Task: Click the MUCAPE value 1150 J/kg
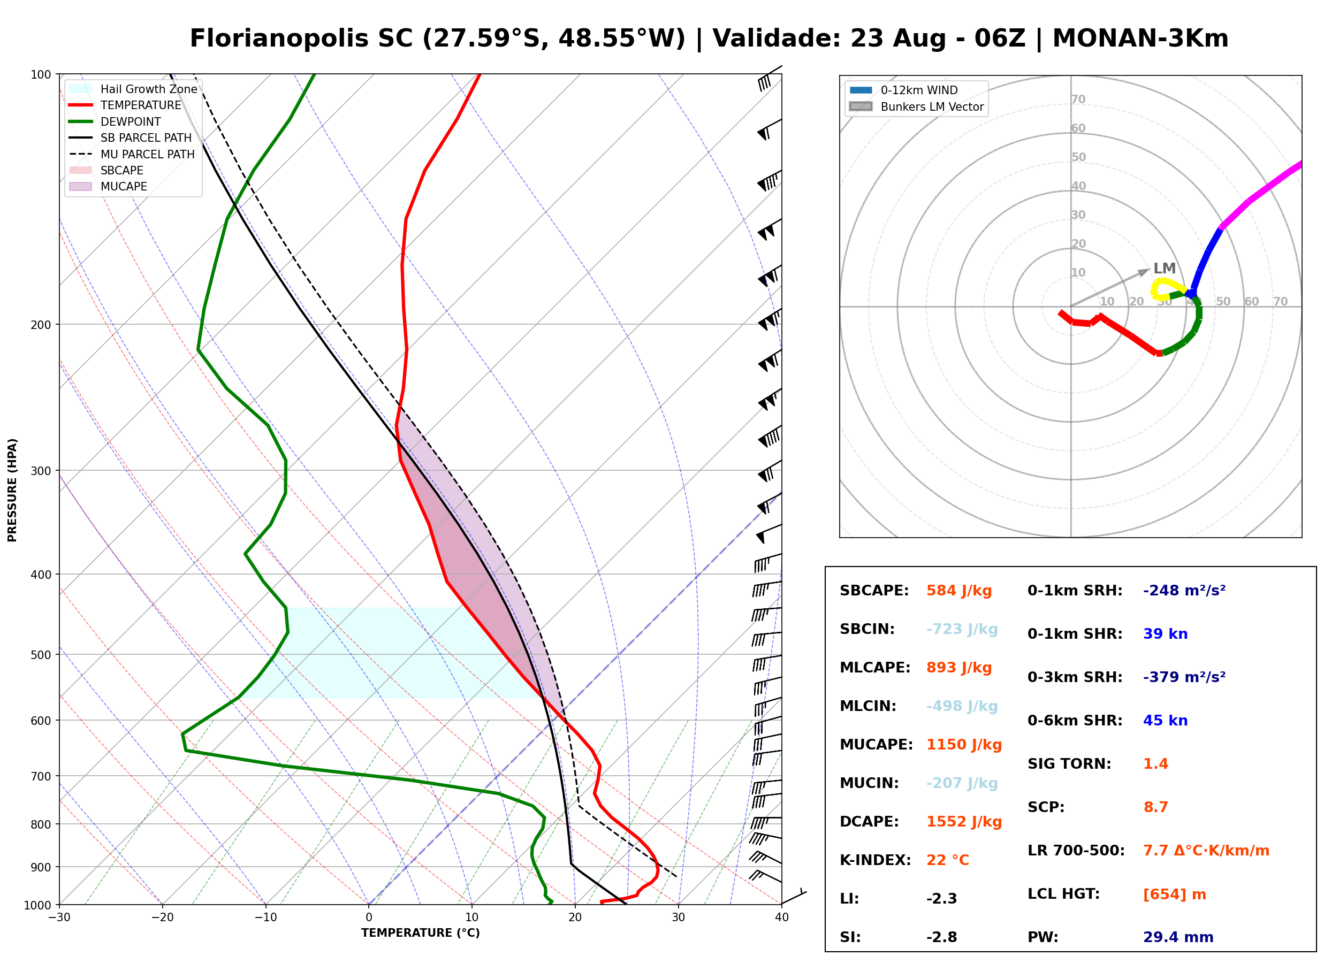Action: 964,744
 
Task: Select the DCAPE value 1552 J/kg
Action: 964,821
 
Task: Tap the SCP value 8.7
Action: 1155,807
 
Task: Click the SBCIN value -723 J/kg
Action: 962,629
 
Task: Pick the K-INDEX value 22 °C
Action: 948,860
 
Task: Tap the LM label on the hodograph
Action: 1164,268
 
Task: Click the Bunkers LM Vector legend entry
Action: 917,106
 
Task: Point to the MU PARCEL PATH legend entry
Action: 132,154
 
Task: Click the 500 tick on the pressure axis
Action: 40,655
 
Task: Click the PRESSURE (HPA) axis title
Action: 12,490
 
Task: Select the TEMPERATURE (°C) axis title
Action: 421,933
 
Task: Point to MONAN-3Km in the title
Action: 1140,39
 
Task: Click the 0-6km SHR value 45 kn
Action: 1165,720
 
